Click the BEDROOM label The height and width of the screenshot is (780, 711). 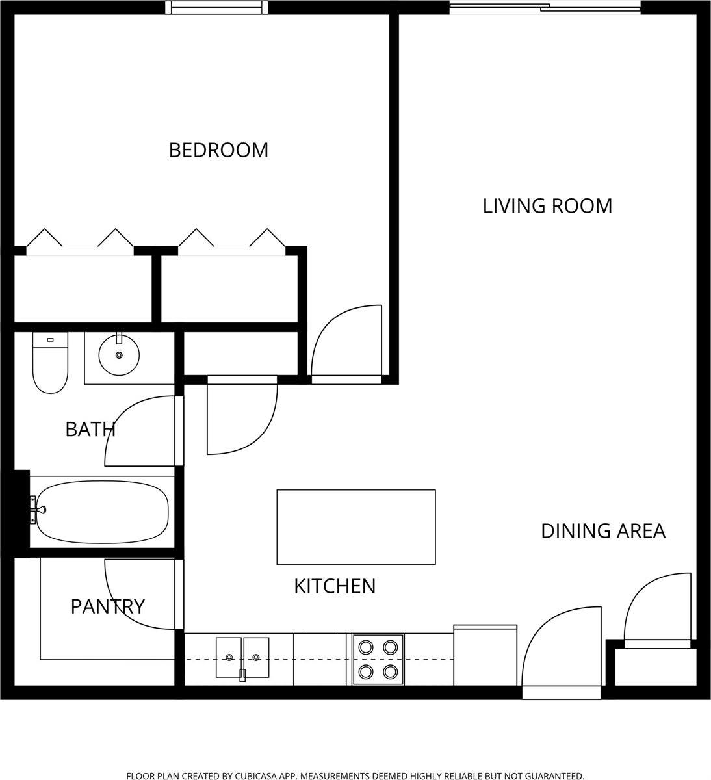(218, 151)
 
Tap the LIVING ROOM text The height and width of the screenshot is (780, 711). (547, 206)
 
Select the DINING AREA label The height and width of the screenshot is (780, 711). (603, 531)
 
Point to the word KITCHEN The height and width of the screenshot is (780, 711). (335, 586)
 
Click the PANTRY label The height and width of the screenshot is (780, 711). (108, 606)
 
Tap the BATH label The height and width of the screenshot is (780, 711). (90, 430)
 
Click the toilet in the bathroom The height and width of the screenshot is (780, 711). (50, 363)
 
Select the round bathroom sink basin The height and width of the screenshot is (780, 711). (119, 355)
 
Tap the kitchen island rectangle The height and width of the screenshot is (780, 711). (356, 527)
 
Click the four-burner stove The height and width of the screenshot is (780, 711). (378, 660)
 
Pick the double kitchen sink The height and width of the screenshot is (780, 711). (242, 658)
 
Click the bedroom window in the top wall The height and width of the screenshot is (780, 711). (216, 7)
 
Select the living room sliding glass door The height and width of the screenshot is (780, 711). (545, 8)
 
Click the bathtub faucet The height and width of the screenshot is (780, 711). (39, 510)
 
